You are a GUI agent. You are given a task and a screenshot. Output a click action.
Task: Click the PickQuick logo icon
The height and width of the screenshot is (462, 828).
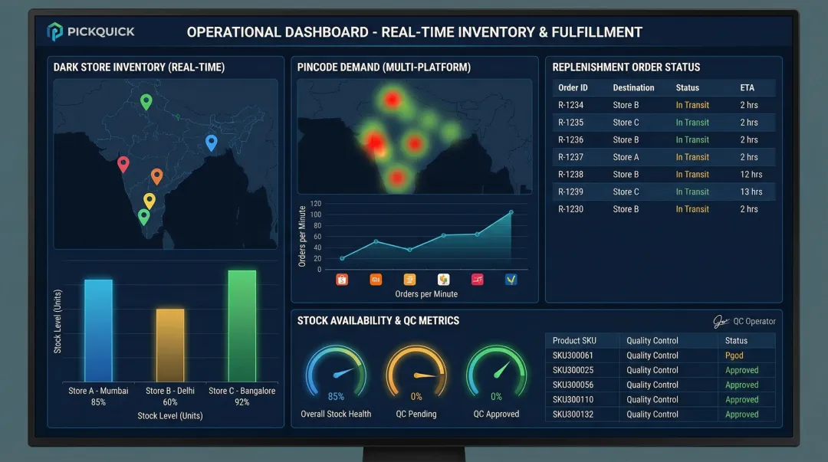(55, 32)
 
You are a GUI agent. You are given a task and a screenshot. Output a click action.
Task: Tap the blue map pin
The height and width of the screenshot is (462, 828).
(212, 142)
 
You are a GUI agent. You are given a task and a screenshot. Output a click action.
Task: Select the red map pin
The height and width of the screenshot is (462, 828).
(123, 163)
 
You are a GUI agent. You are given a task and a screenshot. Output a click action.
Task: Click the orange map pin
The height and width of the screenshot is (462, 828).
(156, 175)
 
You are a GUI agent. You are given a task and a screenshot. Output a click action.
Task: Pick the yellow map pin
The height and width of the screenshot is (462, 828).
(149, 200)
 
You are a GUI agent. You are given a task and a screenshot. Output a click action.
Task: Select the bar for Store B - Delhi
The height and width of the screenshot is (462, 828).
(170, 345)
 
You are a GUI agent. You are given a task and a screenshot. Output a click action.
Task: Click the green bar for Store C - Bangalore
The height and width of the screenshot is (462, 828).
(242, 326)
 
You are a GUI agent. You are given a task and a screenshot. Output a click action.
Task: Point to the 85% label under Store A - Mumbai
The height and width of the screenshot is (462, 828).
(98, 402)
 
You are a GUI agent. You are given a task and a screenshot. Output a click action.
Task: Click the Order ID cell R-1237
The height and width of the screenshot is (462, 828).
(570, 157)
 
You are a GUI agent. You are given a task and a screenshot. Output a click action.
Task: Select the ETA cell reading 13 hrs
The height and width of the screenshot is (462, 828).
(751, 192)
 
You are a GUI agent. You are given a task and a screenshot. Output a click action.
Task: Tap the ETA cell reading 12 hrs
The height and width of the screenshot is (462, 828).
(751, 175)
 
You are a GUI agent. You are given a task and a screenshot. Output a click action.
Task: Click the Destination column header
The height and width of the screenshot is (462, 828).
(633, 87)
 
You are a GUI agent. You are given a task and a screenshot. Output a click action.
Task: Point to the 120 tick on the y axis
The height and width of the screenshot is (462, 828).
(316, 204)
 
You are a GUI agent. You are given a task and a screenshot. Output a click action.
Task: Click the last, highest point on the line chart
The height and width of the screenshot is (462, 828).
(511, 212)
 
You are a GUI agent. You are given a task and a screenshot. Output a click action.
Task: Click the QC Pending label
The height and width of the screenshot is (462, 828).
(416, 414)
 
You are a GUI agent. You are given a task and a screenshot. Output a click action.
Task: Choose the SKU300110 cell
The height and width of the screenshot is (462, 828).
(573, 399)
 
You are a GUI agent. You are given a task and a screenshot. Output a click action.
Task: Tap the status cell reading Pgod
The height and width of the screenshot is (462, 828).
(734, 356)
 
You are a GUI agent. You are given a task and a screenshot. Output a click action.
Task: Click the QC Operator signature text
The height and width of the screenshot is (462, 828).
(754, 322)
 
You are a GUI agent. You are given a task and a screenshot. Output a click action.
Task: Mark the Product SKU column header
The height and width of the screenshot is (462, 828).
(574, 340)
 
